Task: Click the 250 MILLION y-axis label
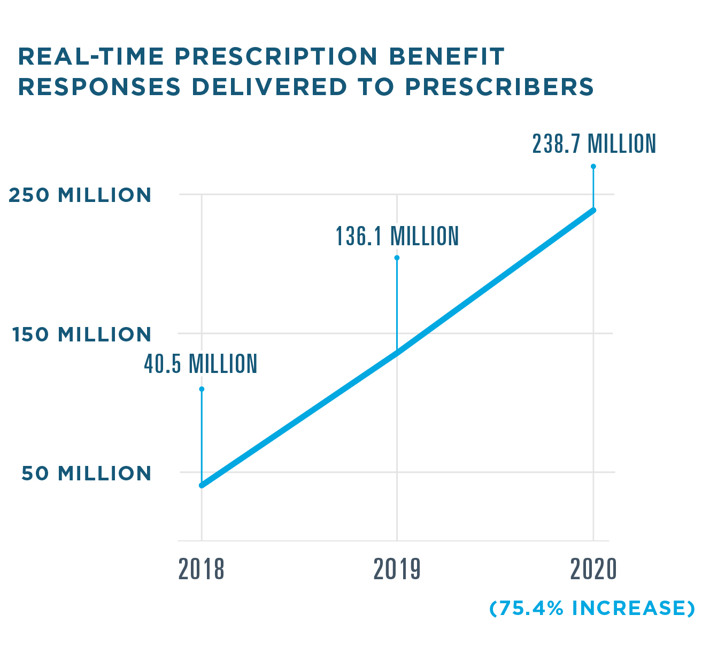[80, 195]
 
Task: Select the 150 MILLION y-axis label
[82, 334]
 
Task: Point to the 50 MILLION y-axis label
[87, 473]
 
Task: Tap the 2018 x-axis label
[202, 570]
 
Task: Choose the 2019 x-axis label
[397, 570]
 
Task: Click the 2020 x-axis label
[593, 570]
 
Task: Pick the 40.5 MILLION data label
[200, 364]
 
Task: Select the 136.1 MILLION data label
[397, 236]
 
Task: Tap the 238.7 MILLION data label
[593, 144]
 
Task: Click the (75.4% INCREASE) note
[592, 609]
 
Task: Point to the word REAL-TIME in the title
[91, 57]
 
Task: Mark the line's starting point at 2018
[202, 485]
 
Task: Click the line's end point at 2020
[593, 210]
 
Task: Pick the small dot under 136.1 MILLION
[397, 258]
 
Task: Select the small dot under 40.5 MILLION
[202, 389]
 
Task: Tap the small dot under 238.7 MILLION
[593, 166]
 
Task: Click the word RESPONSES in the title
[99, 87]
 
